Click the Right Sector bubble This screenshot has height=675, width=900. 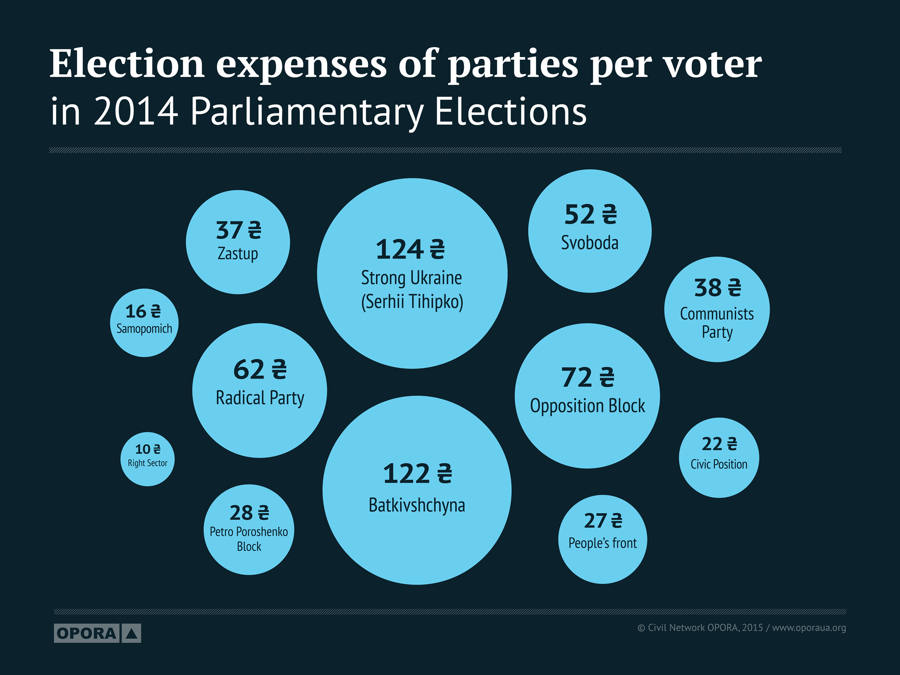click(148, 459)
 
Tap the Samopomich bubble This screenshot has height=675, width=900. click(144, 322)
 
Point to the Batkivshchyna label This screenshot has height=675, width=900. click(417, 505)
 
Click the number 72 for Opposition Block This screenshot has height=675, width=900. click(576, 378)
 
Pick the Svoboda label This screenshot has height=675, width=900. click(590, 243)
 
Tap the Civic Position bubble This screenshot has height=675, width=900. click(719, 458)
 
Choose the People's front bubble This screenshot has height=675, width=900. click(602, 539)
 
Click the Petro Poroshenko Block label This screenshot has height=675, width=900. click(249, 539)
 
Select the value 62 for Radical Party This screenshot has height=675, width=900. click(249, 370)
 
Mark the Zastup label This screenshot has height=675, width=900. click(238, 253)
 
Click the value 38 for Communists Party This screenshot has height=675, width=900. click(708, 288)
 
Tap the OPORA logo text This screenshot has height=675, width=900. click(86, 634)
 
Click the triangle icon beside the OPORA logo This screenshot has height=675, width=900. click(131, 634)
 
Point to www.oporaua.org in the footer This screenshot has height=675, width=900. click(809, 628)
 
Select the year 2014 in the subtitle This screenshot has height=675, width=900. click(136, 111)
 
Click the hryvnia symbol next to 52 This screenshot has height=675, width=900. click(610, 215)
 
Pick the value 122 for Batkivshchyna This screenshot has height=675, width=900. click(406, 474)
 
